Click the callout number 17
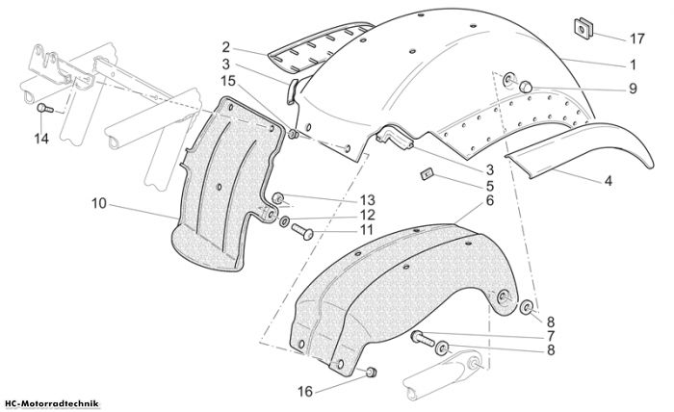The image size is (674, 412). coord(637,39)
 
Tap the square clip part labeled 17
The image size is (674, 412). coord(583,28)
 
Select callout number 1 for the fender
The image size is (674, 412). coord(633,64)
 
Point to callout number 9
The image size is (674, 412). coord(633,89)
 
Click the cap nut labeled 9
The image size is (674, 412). coord(526,87)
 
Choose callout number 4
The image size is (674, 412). coord(609,181)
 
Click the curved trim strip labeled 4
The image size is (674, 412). coord(579,148)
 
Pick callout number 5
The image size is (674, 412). coord(490,186)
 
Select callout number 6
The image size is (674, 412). coord(490,200)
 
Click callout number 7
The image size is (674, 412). coord(551,336)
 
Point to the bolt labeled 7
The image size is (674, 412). coord(424,338)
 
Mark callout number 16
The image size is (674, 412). coord(305,392)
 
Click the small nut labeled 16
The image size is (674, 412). coord(372,372)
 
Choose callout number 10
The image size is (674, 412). coord(99,203)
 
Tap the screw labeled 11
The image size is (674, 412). coord(302,232)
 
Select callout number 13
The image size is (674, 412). coord(368,200)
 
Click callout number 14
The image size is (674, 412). coord(41,139)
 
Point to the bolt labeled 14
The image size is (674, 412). coord(44,108)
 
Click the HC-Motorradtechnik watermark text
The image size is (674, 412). coord(52,404)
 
